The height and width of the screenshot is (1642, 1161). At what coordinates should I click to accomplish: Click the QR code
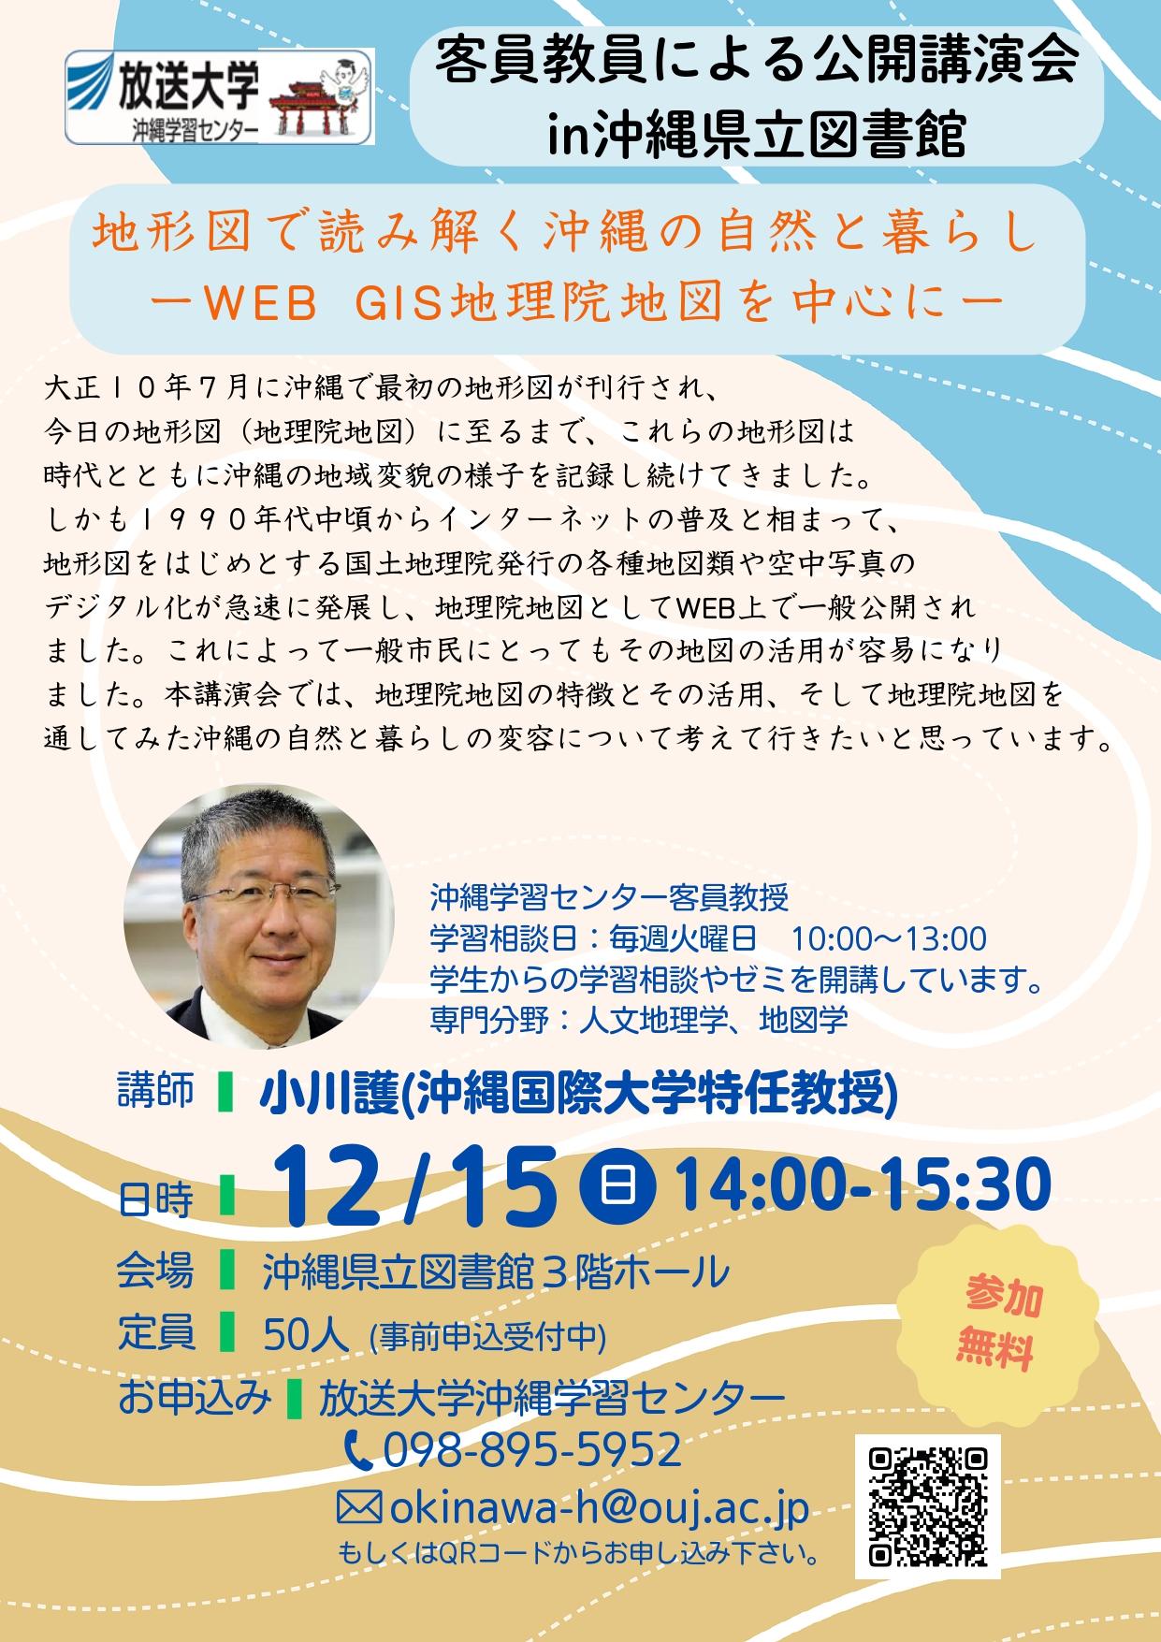pyautogui.click(x=928, y=1506)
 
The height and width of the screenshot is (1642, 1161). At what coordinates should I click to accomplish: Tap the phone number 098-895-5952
pyautogui.click(x=531, y=1449)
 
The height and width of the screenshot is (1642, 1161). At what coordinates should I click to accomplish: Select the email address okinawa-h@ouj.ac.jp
pyautogui.click(x=599, y=1508)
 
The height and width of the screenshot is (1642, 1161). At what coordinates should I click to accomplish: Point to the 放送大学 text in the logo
pyautogui.click(x=186, y=89)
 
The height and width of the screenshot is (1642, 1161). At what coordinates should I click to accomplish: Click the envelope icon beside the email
pyautogui.click(x=359, y=1508)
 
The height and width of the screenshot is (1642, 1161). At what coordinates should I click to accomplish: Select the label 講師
pyautogui.click(x=155, y=1092)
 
